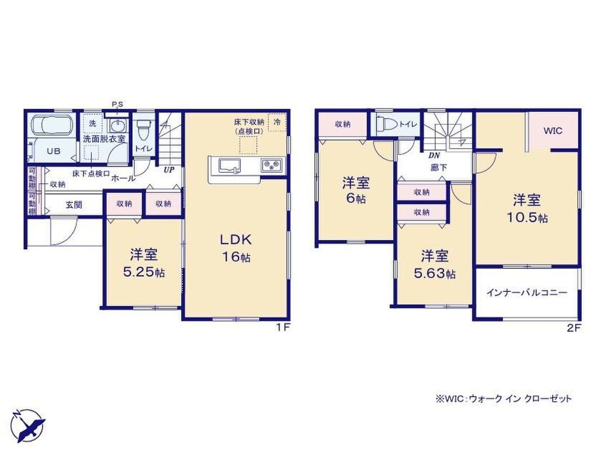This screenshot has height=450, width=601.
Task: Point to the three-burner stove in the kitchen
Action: pos(272,166)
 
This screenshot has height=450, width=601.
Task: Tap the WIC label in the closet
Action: pos(553,130)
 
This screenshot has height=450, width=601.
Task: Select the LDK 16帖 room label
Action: pos(236,248)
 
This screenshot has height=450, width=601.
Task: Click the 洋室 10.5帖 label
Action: pos(527,209)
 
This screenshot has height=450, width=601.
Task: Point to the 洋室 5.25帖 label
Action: pos(144,263)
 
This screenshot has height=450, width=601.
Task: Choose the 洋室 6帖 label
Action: pos(355,190)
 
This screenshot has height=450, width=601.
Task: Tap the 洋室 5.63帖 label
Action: pos(435,264)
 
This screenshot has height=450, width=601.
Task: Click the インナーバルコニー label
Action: pos(527,293)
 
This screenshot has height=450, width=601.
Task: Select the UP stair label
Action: pos(169,169)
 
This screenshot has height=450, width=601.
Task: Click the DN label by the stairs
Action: pos(434,155)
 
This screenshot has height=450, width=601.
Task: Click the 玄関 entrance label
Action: pos(74,205)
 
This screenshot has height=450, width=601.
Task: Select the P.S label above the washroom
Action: pos(118,105)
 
